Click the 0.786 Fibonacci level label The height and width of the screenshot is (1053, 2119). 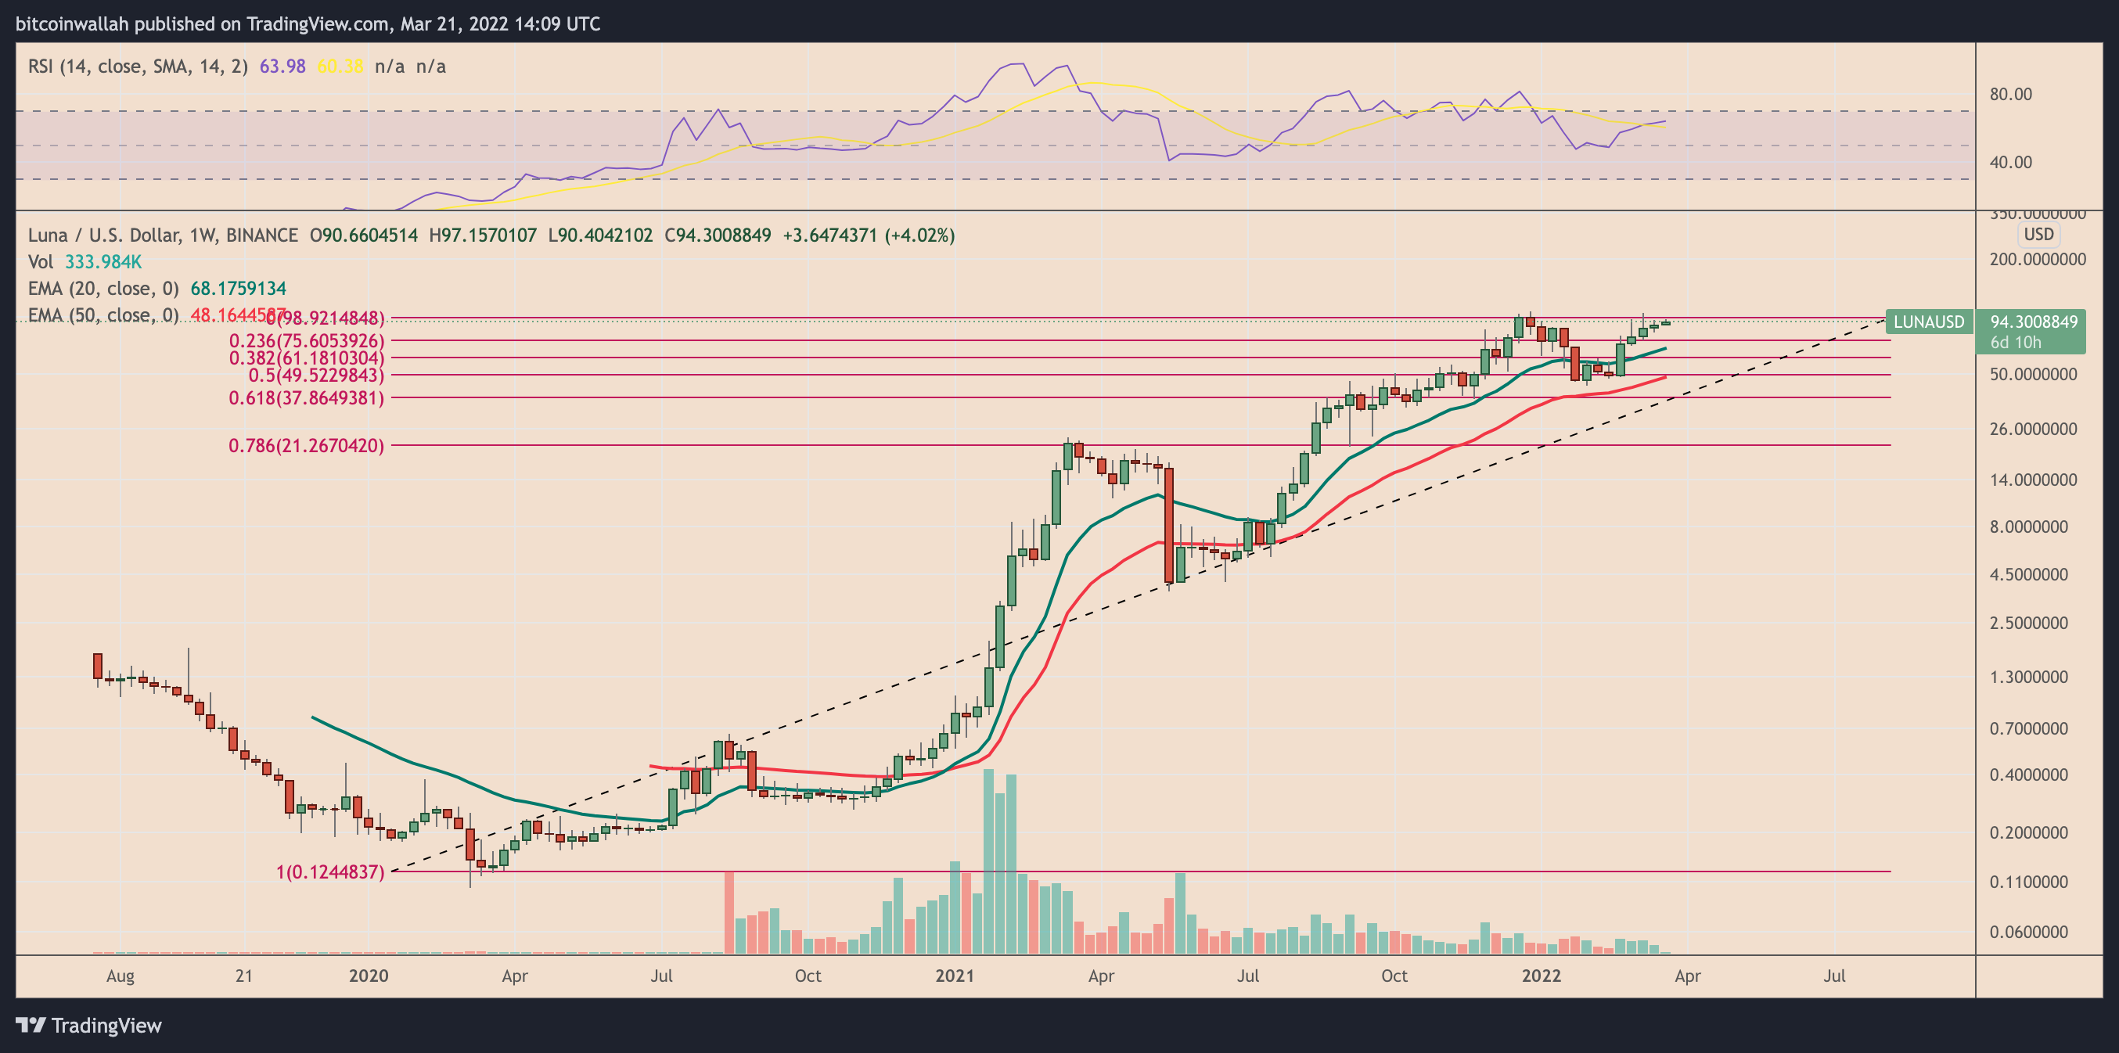[x=306, y=446]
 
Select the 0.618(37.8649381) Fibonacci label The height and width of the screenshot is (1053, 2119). [x=306, y=398]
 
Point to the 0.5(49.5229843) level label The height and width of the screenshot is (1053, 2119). [x=316, y=376]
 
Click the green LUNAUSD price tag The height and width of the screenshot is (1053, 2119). [x=1928, y=322]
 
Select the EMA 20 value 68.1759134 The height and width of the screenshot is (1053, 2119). [x=239, y=289]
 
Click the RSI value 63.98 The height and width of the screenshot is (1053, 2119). [x=282, y=66]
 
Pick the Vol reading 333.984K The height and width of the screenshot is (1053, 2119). [x=103, y=262]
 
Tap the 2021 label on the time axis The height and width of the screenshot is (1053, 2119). [x=954, y=976]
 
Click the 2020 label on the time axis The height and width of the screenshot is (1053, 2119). [x=368, y=976]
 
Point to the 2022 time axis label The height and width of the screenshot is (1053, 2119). [x=1541, y=976]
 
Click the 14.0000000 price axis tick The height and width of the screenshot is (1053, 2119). [x=2033, y=480]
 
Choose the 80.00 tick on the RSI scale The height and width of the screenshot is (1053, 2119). [x=2010, y=95]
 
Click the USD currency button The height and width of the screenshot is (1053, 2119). [x=2038, y=235]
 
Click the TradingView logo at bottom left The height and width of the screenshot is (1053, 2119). [x=89, y=1025]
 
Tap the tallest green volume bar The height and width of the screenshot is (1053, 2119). [x=989, y=861]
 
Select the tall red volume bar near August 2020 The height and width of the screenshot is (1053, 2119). [x=729, y=911]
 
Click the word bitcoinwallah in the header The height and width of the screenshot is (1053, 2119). [x=71, y=23]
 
